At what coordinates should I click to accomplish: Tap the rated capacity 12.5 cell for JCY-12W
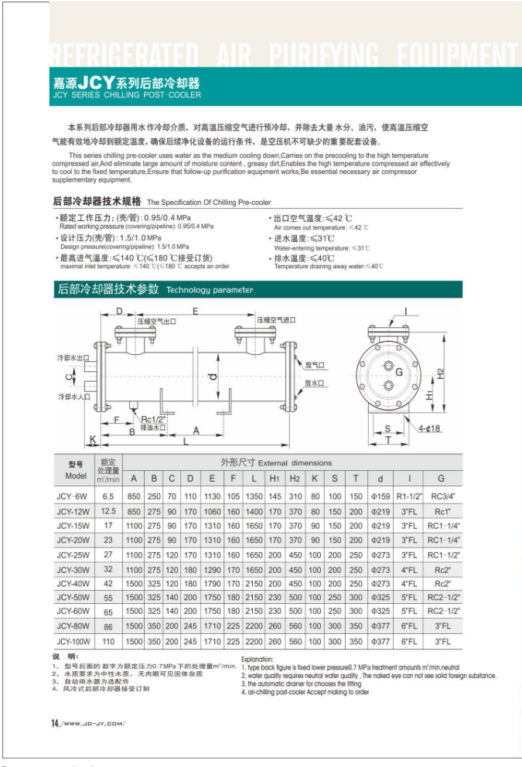click(x=108, y=511)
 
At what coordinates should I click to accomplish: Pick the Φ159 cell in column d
click(x=380, y=496)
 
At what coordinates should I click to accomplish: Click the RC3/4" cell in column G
click(x=441, y=496)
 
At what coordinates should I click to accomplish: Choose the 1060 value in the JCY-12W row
click(x=212, y=511)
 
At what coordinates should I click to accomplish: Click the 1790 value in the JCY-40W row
click(x=212, y=584)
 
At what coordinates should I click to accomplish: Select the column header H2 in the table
click(x=295, y=478)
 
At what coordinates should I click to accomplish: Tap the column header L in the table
click(x=254, y=478)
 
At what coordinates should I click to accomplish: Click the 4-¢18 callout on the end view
click(x=430, y=428)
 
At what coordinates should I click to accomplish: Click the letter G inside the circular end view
click(x=399, y=373)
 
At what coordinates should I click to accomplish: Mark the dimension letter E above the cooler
click(x=196, y=311)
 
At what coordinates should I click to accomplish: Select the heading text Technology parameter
click(x=210, y=290)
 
